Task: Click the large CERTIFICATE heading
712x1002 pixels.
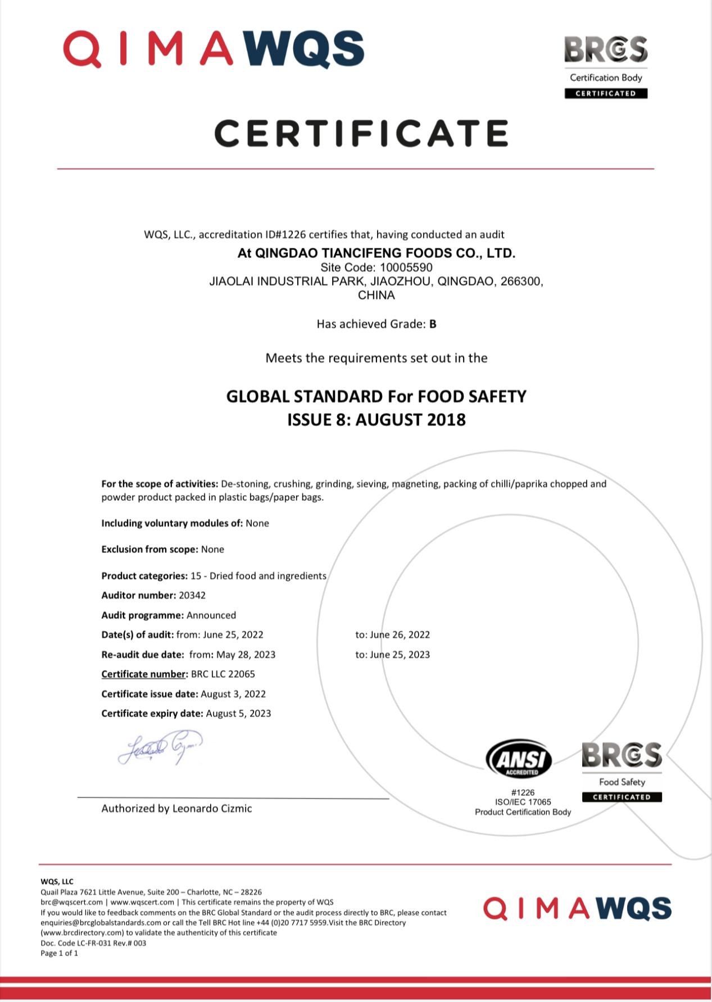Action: coord(361,134)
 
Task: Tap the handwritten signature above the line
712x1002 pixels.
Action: coord(160,747)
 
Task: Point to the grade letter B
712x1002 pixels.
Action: coord(433,324)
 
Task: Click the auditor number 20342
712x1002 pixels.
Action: coord(192,595)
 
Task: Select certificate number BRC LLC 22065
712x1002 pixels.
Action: coord(223,674)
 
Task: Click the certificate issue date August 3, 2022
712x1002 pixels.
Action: coord(233,694)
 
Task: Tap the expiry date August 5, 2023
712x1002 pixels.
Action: coord(238,714)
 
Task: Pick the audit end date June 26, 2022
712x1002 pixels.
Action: coord(400,634)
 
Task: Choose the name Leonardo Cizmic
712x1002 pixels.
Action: coord(212,809)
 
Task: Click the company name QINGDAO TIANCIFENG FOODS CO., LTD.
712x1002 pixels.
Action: coord(385,253)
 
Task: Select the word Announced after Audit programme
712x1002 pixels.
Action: coord(211,615)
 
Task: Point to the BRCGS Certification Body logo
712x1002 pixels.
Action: coord(606,66)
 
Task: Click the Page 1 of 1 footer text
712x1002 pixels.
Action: coord(59,953)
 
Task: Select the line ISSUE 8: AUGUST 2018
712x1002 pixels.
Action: coord(377,420)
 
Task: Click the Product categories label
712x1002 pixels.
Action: coord(144,576)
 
